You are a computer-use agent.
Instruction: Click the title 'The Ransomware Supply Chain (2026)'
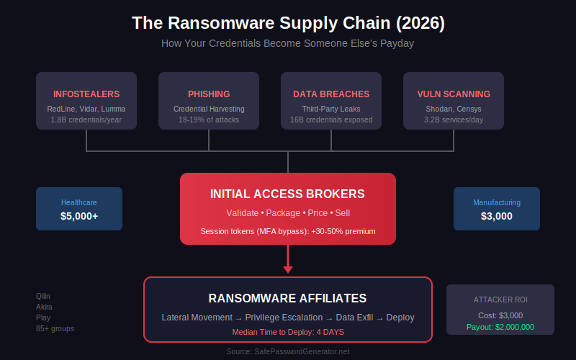tap(288, 23)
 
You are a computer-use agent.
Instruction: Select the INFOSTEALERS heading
tap(86, 94)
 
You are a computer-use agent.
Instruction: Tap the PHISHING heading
tap(209, 94)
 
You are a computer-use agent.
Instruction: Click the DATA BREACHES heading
tap(331, 94)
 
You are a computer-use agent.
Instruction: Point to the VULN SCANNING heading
tap(454, 94)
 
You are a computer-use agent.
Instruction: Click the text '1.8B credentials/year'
tap(86, 120)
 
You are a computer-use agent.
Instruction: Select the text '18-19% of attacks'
tap(209, 120)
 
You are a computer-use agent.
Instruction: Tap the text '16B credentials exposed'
tap(331, 120)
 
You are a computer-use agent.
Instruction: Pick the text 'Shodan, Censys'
tap(454, 109)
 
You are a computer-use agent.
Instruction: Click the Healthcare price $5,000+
tap(79, 216)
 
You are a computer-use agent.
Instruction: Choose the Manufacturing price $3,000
tap(497, 216)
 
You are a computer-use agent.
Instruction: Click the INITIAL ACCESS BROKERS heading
tap(288, 194)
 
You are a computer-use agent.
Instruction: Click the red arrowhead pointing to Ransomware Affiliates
tap(288, 269)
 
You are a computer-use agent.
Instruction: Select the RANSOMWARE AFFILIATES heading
tap(288, 298)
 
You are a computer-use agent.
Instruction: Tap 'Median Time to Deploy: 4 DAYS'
tap(288, 332)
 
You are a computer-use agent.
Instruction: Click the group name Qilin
tap(43, 296)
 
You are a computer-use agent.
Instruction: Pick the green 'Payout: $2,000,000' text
tap(500, 327)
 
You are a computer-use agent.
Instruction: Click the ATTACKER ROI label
tap(500, 300)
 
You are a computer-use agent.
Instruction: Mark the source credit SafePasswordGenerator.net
tap(288, 351)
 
